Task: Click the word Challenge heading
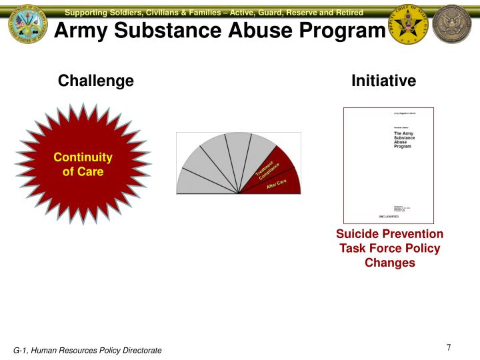pyautogui.click(x=96, y=81)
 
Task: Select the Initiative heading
pyautogui.click(x=383, y=81)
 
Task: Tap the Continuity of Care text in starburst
pyautogui.click(x=83, y=164)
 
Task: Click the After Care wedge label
pyautogui.click(x=277, y=185)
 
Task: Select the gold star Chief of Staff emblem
pyautogui.click(x=409, y=27)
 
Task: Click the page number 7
pyautogui.click(x=449, y=347)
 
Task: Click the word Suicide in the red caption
pyautogui.click(x=357, y=234)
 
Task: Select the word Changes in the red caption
pyautogui.click(x=389, y=263)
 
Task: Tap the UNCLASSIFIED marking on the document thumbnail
pyautogui.click(x=389, y=217)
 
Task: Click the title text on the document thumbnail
pyautogui.click(x=403, y=140)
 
